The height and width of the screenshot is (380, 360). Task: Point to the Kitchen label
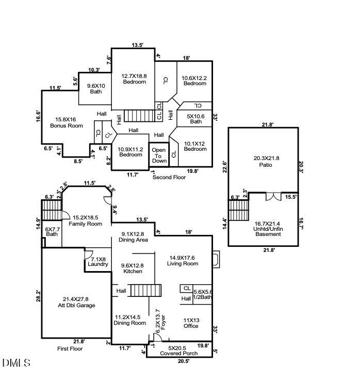point(133,268)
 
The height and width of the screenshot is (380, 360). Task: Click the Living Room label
point(183,261)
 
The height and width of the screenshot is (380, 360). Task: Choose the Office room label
point(191,323)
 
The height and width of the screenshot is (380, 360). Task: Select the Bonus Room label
point(66,123)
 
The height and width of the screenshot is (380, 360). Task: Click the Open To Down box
point(159,155)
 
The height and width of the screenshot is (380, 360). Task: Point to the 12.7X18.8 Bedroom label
point(134,78)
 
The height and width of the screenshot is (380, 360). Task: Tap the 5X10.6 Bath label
point(196,119)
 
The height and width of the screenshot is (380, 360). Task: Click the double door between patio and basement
point(273,197)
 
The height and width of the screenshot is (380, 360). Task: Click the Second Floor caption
point(169,177)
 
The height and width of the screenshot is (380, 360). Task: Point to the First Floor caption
point(70,349)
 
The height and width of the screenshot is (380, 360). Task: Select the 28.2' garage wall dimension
point(38,295)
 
